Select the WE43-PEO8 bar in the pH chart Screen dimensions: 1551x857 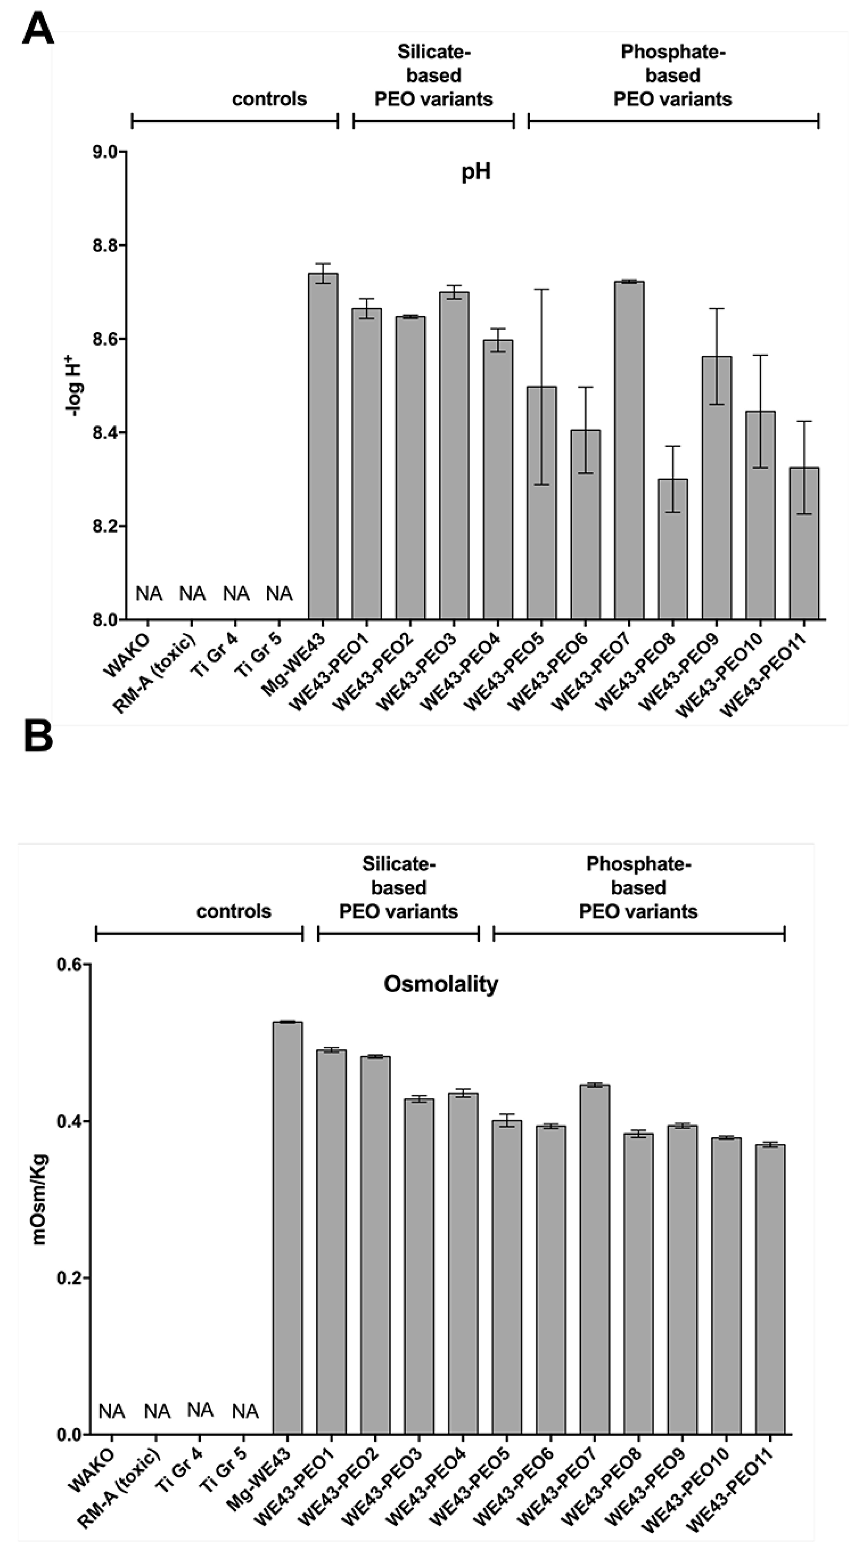672,548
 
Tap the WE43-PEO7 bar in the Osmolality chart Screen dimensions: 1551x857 594,1258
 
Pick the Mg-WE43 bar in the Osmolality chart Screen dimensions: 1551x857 288,1228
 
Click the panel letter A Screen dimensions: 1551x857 37,29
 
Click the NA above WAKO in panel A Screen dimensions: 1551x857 149,594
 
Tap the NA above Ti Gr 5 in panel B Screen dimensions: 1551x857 245,1411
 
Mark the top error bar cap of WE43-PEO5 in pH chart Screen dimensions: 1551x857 542,290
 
